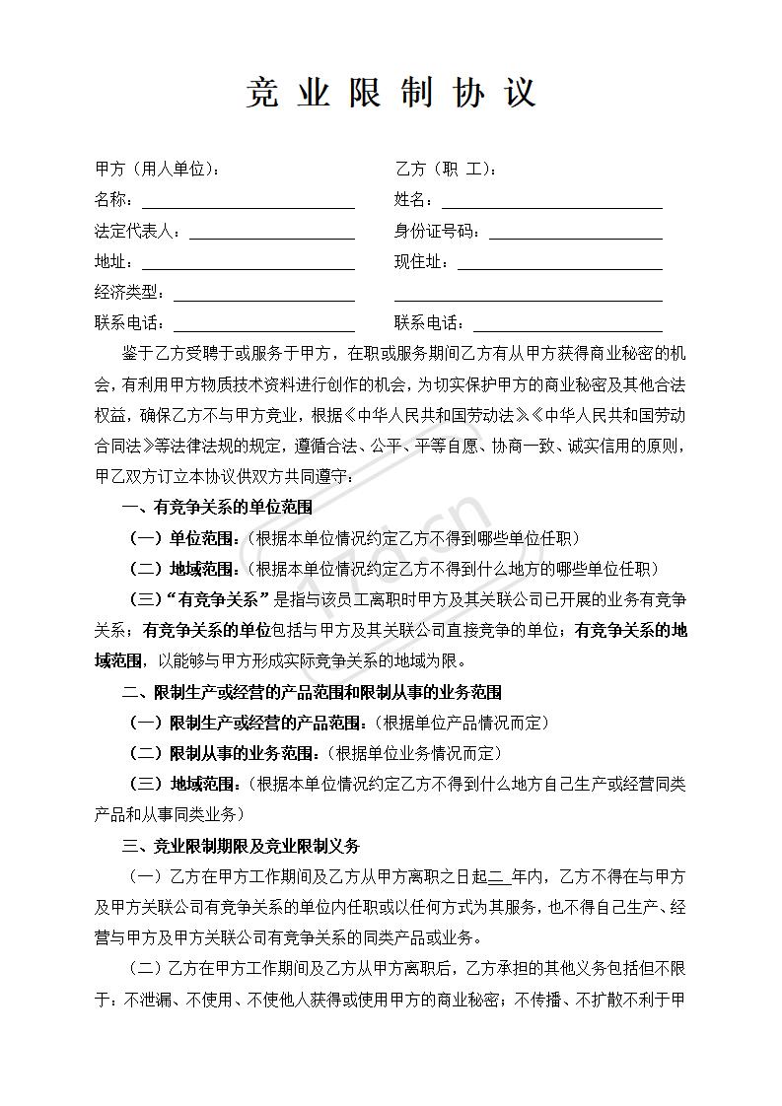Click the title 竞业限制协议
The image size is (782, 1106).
(391, 93)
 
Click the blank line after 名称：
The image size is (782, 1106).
(248, 202)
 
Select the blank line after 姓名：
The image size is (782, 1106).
(551, 202)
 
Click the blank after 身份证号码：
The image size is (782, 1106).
(575, 233)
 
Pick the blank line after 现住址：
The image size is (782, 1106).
(559, 263)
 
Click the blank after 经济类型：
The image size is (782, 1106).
(263, 294)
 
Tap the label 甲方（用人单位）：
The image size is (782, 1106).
(158, 170)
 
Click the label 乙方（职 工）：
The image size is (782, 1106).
(446, 170)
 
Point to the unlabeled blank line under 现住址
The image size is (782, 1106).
(528, 295)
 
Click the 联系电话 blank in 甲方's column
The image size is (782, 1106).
(263, 324)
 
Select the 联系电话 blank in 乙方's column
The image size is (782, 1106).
(567, 324)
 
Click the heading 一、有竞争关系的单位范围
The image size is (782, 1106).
(217, 508)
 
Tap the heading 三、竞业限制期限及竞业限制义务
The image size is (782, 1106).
(241, 846)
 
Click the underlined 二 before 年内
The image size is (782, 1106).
(496, 876)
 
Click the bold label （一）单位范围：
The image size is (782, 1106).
(184, 538)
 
